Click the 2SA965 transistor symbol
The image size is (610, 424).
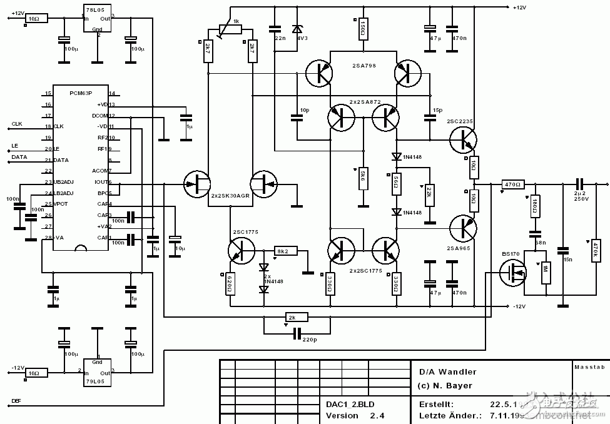pos(464,228)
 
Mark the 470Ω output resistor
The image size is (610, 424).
pos(513,184)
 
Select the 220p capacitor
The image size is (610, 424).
pos(297,332)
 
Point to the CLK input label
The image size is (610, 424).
pos(17,124)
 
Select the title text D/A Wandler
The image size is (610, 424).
pos(447,372)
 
